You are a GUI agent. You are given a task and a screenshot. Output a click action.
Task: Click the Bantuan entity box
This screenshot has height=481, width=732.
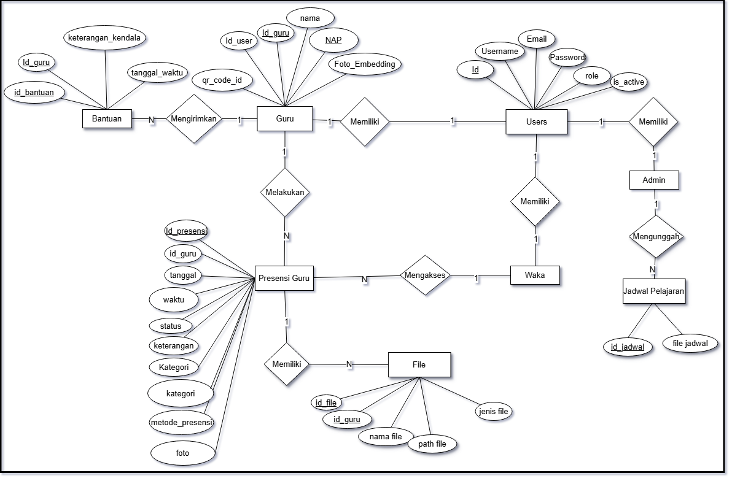107,118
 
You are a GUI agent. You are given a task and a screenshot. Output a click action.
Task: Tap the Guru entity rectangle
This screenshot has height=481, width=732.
285,119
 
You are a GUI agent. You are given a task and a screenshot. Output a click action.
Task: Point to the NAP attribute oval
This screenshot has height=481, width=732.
333,40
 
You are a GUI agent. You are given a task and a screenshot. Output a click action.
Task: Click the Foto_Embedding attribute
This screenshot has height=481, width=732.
365,64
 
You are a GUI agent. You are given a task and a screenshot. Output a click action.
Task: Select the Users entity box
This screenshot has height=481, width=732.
537,121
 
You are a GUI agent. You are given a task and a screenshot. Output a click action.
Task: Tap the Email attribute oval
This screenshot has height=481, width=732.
536,39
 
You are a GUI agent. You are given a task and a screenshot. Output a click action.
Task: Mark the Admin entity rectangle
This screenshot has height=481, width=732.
654,180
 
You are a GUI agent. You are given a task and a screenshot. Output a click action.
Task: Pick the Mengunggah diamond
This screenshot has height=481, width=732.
656,236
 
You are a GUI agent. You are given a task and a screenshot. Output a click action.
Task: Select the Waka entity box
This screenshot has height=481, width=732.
535,275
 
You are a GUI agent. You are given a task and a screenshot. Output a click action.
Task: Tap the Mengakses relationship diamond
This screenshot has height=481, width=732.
425,275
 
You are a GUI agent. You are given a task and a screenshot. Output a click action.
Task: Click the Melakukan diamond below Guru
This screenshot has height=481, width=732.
285,192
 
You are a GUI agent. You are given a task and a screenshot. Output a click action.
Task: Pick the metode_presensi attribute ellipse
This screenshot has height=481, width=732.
182,422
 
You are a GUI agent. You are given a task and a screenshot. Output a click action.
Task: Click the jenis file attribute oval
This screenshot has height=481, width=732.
493,411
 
